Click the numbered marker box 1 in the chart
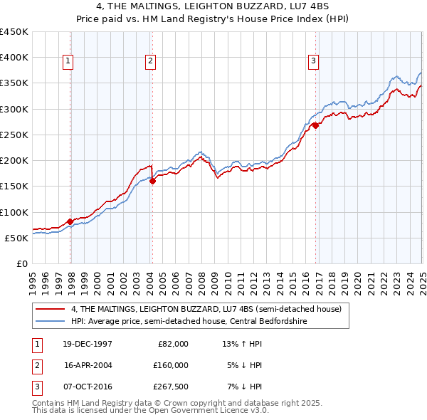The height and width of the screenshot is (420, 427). [68, 62]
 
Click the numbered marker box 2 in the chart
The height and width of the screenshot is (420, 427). [151, 62]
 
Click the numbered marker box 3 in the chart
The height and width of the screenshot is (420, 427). [312, 62]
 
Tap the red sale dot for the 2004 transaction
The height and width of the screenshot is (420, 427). [152, 181]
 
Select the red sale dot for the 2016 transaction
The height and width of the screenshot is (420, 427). [315, 125]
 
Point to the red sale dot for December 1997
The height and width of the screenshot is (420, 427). [70, 221]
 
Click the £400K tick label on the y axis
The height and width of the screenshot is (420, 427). [14, 58]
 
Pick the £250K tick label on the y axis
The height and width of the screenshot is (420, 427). [14, 135]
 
